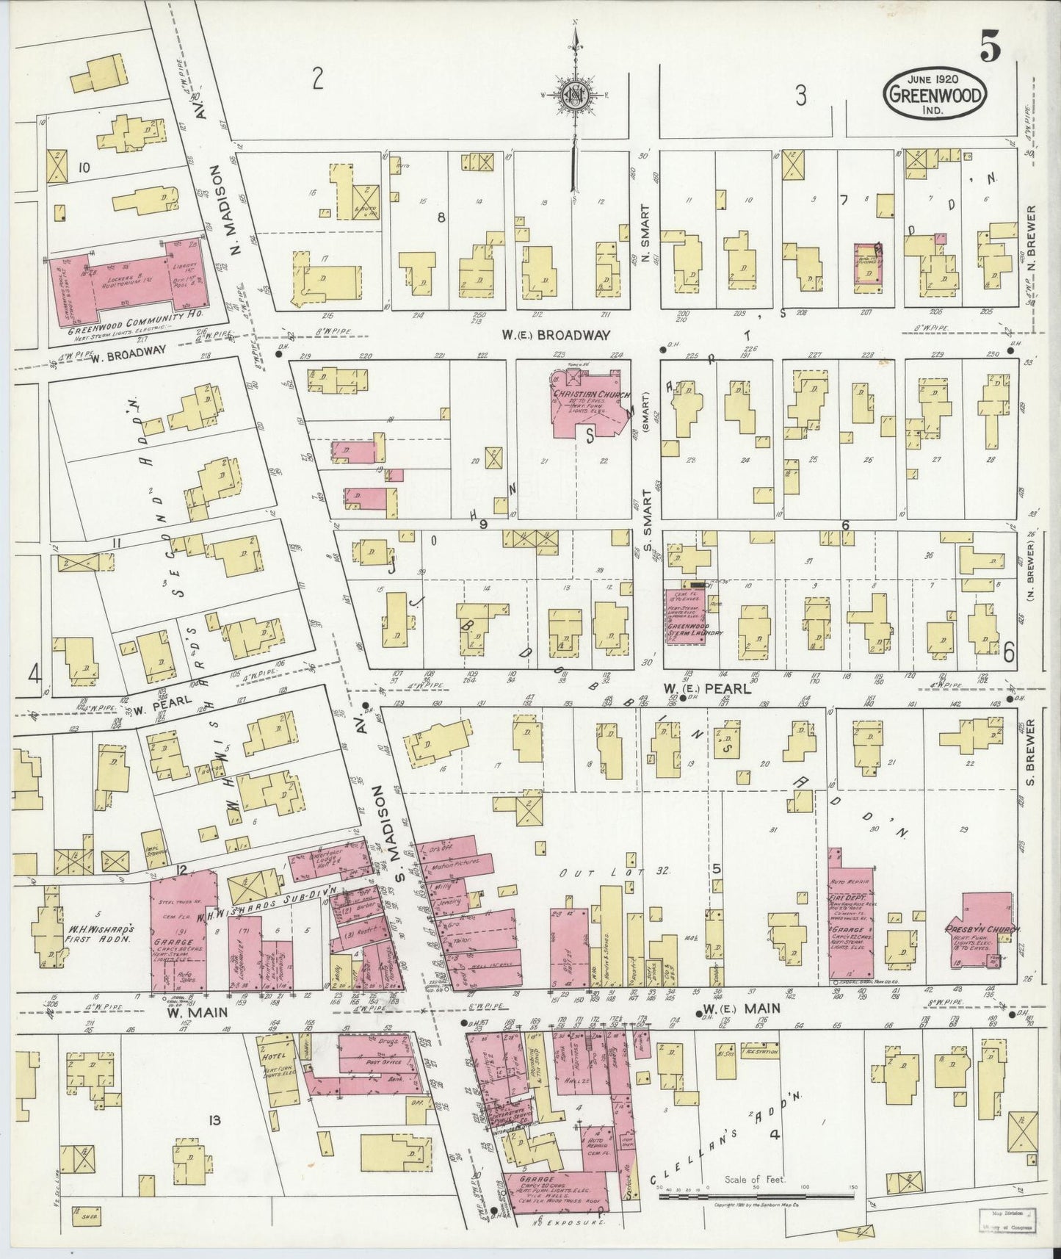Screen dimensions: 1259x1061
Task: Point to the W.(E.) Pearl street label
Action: pyautogui.click(x=707, y=688)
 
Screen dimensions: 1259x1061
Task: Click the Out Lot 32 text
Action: pyautogui.click(x=614, y=873)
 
